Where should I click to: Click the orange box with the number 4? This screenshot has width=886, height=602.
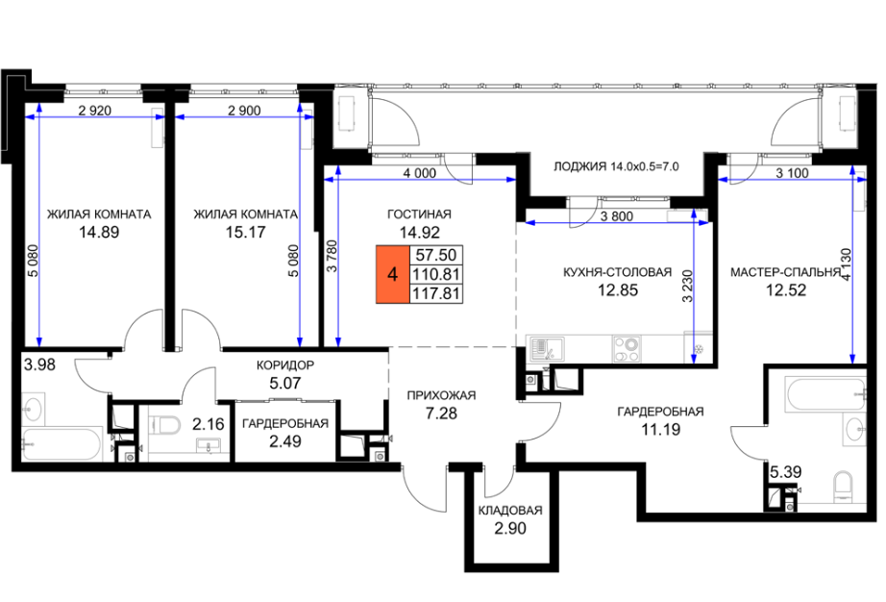pos(393,274)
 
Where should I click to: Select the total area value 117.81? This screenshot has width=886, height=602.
pos(435,294)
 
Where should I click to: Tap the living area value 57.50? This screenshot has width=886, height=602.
pos(435,255)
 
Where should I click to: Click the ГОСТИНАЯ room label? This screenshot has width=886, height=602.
pos(419,214)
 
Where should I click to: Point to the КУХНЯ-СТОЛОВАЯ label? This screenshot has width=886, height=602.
pos(618,272)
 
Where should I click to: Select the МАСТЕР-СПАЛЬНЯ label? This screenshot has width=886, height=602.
pos(785,272)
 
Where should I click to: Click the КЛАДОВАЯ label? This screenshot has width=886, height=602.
pos(510,511)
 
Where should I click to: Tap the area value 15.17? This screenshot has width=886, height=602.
pos(246,232)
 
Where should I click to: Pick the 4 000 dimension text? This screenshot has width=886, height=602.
pos(419,173)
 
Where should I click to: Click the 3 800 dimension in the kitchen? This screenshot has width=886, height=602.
pos(617,216)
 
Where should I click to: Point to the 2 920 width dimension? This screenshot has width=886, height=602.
pos(95,111)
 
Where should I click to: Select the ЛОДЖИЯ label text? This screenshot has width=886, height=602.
pos(579,166)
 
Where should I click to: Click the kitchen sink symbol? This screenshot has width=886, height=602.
pos(546,349)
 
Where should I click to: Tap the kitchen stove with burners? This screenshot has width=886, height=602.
pos(627,348)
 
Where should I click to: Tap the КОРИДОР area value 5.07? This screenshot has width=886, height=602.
pos(285,384)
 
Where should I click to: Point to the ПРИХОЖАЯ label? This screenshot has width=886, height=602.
pos(441,395)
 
